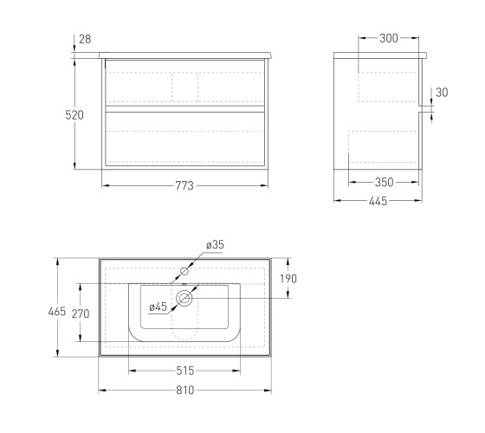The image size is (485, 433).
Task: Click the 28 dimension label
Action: [85, 39]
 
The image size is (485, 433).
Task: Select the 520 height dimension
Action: [74, 115]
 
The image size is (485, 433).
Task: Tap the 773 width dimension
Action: [184, 185]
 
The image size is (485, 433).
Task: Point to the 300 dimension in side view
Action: [389, 38]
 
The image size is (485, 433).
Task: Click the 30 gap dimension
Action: [442, 92]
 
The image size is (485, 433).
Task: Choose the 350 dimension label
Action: [385, 182]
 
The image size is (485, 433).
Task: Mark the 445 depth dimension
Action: [378, 201]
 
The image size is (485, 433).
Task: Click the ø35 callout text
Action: [215, 244]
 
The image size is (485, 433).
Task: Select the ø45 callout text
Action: [158, 307]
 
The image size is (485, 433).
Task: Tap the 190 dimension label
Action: [288, 279]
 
